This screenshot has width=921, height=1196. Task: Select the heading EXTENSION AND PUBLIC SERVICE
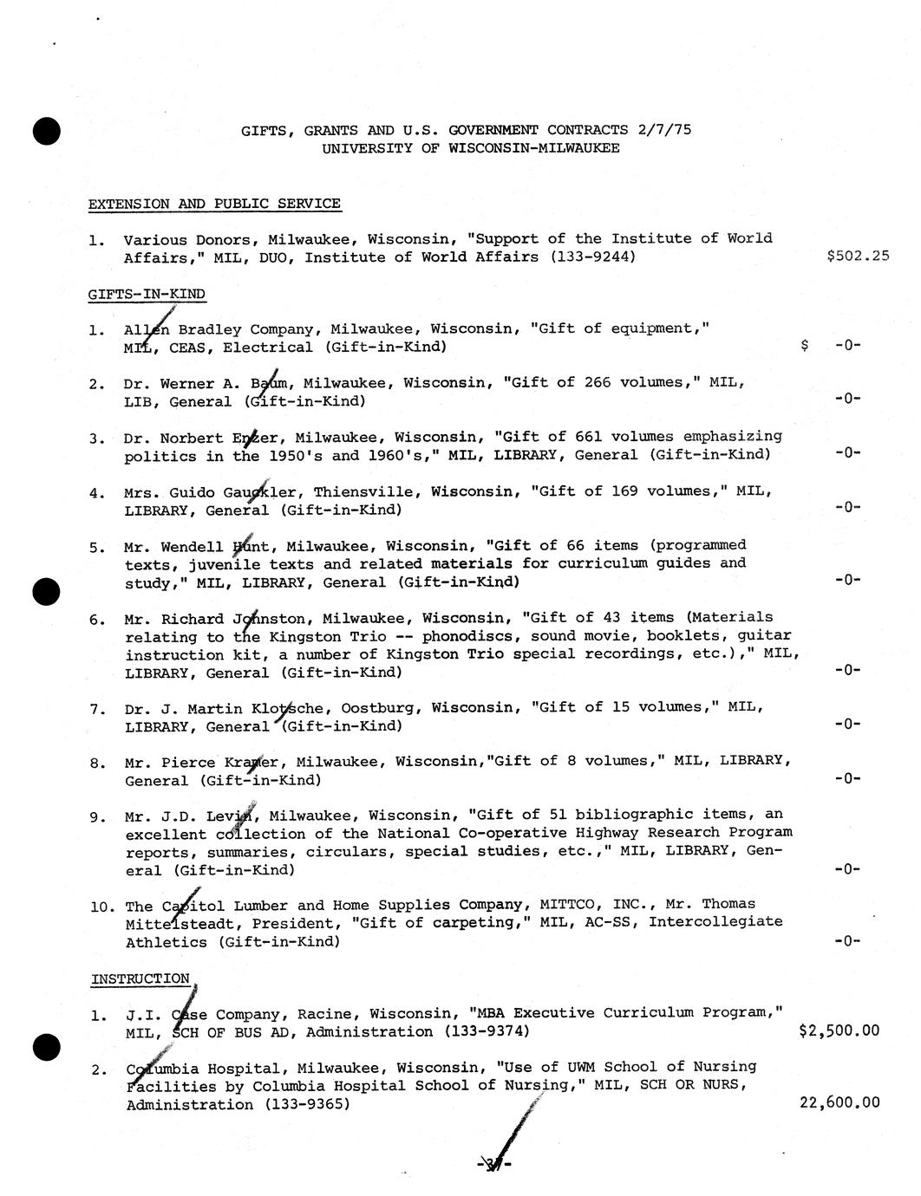click(x=214, y=205)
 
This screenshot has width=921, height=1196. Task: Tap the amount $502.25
click(x=858, y=257)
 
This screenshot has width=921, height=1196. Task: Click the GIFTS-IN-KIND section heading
click(x=147, y=294)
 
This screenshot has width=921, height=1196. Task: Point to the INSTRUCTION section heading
click(x=140, y=978)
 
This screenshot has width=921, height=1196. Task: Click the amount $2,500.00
click(x=839, y=1030)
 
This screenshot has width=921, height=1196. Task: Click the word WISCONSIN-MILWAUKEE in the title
click(x=533, y=148)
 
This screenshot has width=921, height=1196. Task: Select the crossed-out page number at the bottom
click(x=494, y=1164)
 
